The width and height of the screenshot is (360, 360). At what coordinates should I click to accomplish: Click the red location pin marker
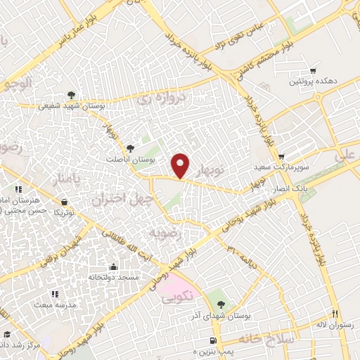tap(181, 165)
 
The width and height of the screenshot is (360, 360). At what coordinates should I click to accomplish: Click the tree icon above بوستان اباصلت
tap(130, 148)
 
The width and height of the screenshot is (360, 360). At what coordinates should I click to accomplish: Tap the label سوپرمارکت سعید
tap(281, 169)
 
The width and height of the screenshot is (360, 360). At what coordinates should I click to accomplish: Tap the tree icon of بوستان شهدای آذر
tap(221, 304)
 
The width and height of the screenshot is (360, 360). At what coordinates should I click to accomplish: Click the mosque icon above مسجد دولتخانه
tap(114, 266)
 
